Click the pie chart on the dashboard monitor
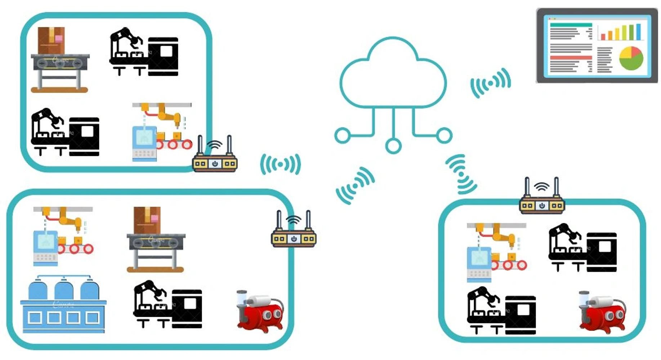[631, 58]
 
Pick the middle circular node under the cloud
[393, 146]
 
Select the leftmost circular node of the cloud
[342, 136]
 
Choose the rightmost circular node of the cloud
[444, 135]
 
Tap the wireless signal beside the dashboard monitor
[491, 83]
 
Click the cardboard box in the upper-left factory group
[51, 40]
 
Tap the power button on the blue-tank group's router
[294, 239]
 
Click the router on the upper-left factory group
[215, 158]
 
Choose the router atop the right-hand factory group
[542, 200]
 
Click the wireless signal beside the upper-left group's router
[280, 165]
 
